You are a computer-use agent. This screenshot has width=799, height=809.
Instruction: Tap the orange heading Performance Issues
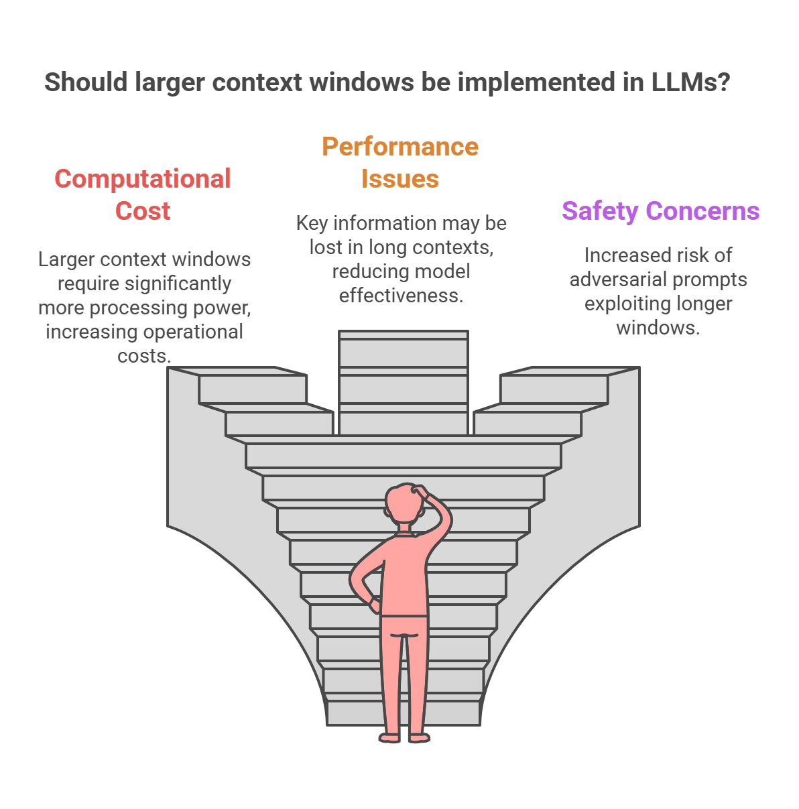pos(400,163)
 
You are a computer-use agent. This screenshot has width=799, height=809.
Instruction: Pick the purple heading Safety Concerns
pos(660,210)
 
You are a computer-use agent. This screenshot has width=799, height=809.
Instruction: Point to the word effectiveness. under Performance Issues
pos(401,296)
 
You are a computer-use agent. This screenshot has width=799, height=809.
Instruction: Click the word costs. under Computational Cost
pos(144,356)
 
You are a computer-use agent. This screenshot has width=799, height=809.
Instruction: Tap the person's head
pos(404,504)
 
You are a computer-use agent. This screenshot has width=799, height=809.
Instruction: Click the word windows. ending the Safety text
pos(658,328)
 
